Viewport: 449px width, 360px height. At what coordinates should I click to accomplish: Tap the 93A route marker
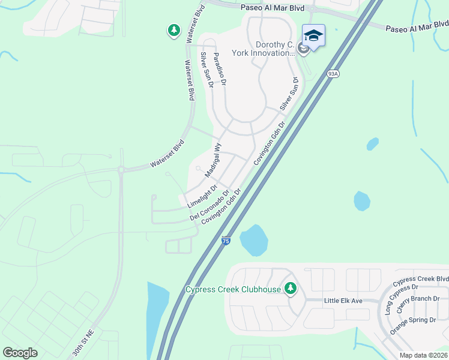334,74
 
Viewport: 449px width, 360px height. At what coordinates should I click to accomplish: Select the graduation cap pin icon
313,37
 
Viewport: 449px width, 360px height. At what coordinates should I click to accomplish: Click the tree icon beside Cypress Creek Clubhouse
291,289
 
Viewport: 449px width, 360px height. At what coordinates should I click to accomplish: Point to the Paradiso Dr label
219,68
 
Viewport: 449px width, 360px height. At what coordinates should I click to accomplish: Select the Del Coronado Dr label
210,205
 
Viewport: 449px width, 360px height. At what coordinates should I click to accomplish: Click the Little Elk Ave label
343,301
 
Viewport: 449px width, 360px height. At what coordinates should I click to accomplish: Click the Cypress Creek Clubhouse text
234,290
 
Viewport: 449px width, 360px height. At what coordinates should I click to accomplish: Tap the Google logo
20,353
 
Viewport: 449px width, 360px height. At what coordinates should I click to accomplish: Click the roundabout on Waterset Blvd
121,170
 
